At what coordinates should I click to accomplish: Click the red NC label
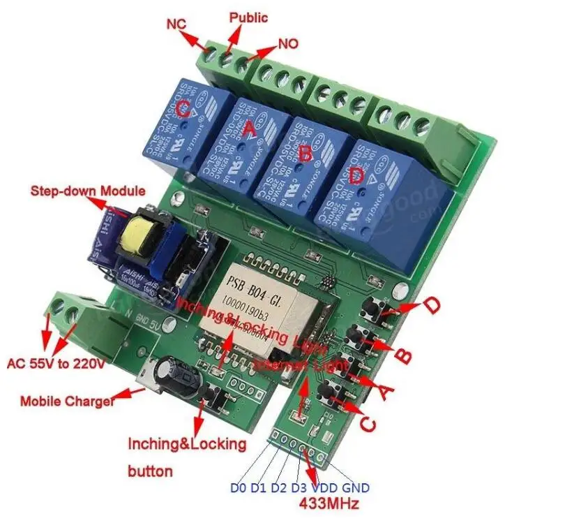(x=176, y=24)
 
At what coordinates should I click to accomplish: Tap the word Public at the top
(x=248, y=17)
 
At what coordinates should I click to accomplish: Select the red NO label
(x=288, y=43)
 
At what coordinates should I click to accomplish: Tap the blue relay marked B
(x=302, y=164)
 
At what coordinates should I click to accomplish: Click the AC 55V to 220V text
(x=55, y=364)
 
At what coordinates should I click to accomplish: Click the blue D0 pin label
(x=238, y=487)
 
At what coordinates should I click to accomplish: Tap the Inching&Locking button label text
(x=186, y=457)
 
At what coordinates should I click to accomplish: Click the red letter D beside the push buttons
(x=432, y=305)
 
